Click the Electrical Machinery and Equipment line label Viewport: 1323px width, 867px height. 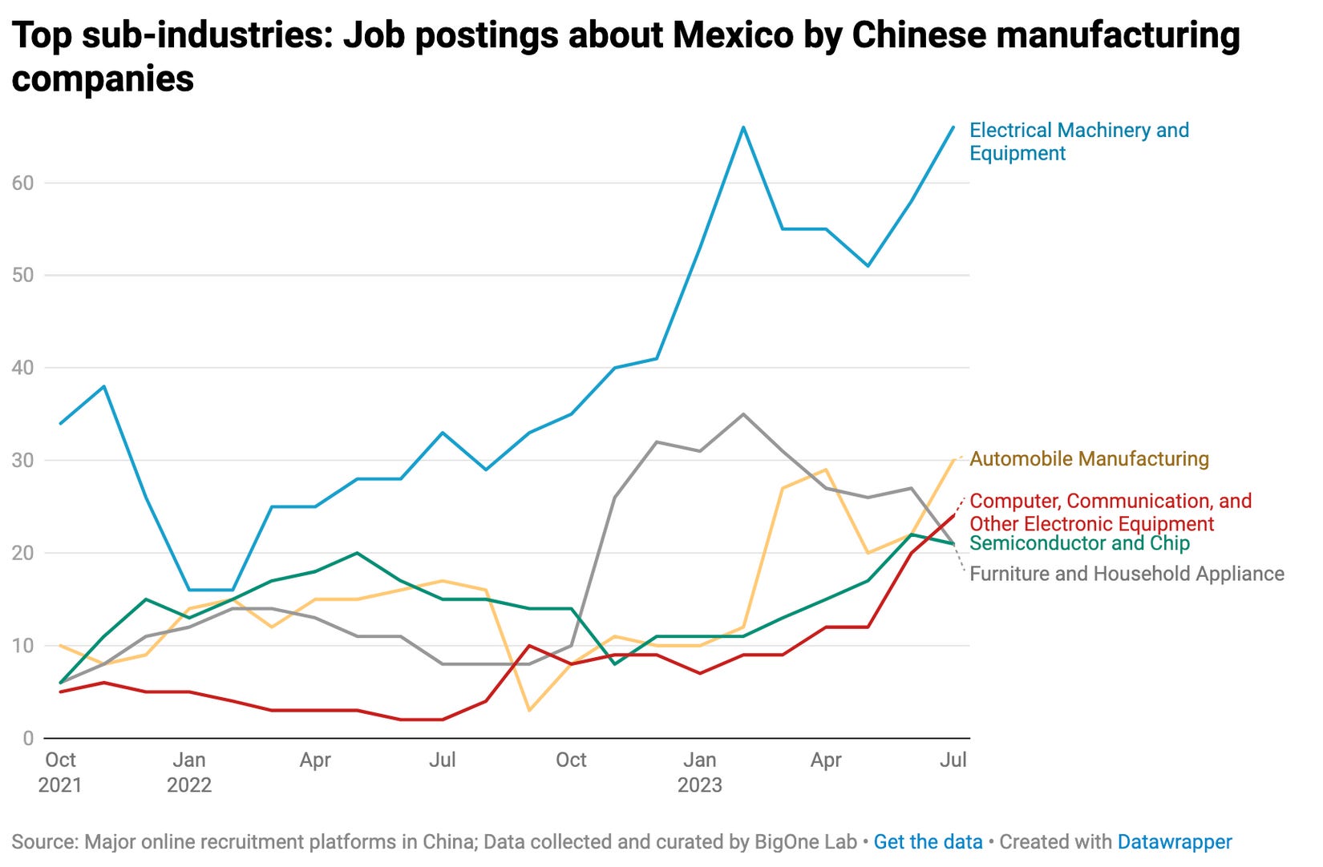[x=1078, y=142]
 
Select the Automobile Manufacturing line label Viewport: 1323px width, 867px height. [x=1089, y=459]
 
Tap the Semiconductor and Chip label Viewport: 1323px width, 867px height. [x=1079, y=544]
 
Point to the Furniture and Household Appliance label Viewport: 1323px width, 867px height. [x=1127, y=574]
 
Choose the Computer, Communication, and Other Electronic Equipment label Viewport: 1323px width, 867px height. [x=1110, y=512]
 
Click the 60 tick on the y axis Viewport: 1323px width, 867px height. [x=22, y=183]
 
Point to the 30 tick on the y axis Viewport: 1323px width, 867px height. [x=22, y=460]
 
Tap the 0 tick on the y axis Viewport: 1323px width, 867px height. [x=28, y=738]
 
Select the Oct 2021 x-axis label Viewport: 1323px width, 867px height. [x=60, y=772]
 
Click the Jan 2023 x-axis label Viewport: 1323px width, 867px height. [x=699, y=772]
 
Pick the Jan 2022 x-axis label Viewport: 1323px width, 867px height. [x=188, y=772]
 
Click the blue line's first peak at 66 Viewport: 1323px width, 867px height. [x=743, y=127]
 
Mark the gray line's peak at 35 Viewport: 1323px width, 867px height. [x=743, y=414]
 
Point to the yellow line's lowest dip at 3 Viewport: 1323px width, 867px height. [x=529, y=710]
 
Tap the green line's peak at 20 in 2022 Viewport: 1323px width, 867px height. [x=357, y=553]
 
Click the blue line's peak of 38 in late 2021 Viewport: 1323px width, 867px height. [x=104, y=386]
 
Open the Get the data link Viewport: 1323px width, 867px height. [x=928, y=842]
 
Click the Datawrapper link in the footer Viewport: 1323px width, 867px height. [x=1174, y=842]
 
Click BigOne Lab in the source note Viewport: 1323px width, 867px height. [x=805, y=842]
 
